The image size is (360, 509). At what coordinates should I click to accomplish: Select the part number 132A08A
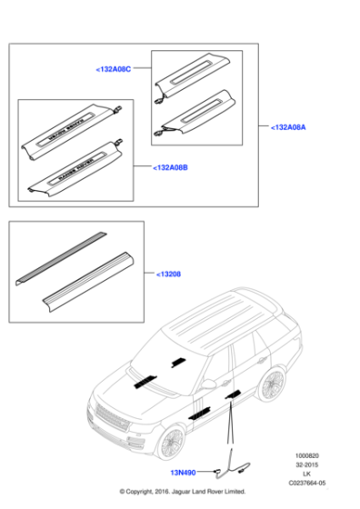pos(289,128)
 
